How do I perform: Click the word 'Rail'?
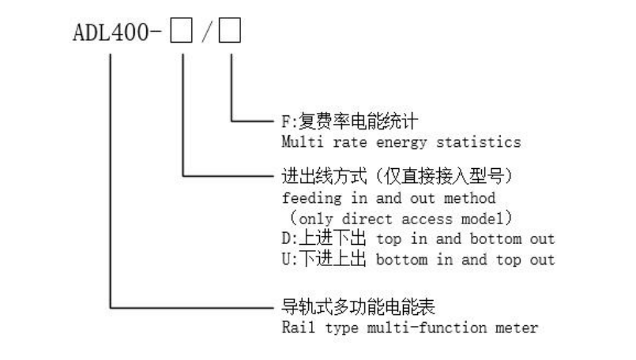(295, 326)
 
